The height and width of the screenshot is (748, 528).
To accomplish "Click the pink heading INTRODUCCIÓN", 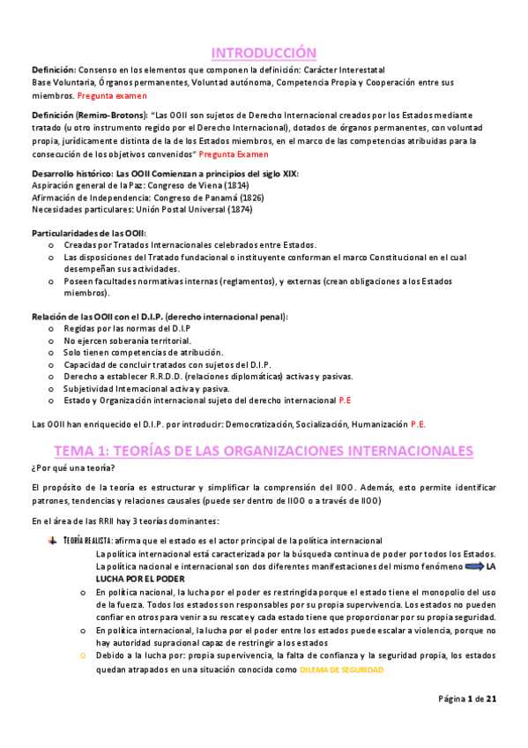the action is [x=264, y=53].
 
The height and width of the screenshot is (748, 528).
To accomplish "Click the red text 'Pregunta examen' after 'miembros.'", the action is [x=112, y=94].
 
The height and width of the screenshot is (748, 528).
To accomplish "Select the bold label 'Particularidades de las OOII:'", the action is [x=90, y=232].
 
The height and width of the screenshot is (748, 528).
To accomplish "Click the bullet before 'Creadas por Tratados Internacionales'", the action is [x=49, y=244].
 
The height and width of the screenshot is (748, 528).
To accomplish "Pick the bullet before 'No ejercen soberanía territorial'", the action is [x=49, y=340].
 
